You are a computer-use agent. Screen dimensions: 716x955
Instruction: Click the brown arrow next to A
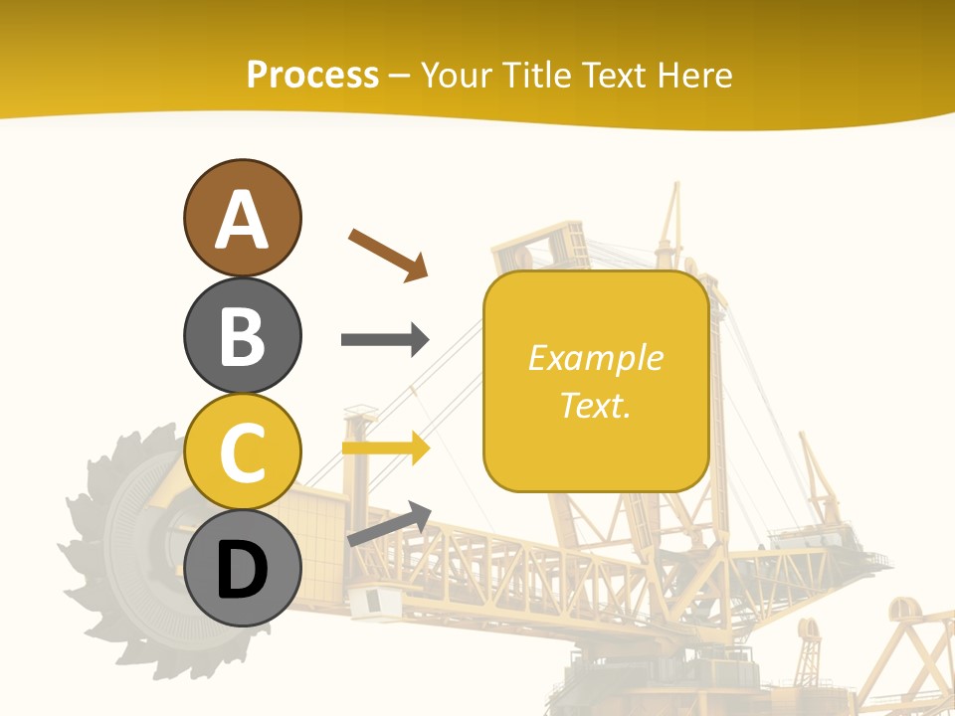388,254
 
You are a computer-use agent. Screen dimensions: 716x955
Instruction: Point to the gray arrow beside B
385,340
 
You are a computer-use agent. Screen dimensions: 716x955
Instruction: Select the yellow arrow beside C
385,447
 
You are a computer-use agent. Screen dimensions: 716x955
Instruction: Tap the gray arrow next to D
389,524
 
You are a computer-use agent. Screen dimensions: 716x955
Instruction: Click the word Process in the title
312,76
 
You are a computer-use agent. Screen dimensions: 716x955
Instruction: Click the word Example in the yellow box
595,358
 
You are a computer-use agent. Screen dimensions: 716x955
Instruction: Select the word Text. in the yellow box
595,405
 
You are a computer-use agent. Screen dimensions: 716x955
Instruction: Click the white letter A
242,220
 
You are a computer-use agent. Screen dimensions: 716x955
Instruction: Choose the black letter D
242,571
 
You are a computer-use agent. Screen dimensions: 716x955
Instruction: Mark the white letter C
242,453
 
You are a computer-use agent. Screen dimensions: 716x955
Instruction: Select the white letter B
242,336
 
